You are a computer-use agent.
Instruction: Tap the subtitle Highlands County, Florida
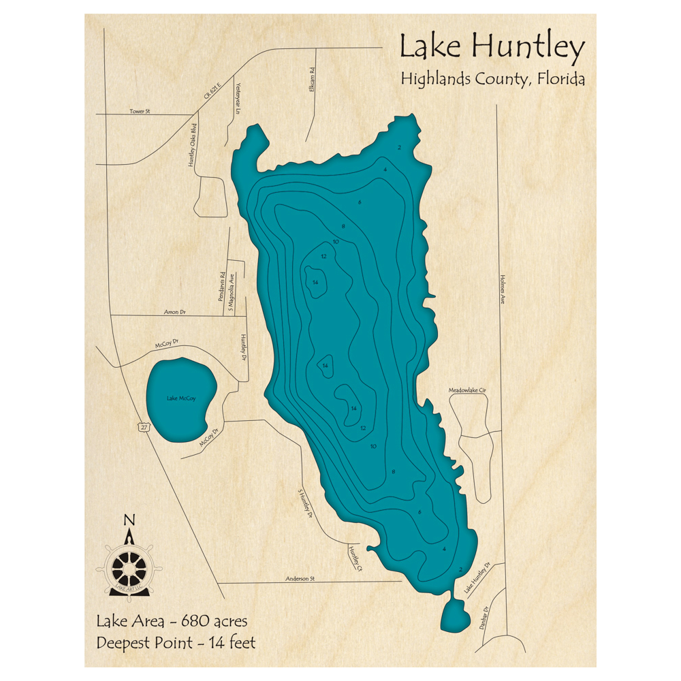tap(492, 79)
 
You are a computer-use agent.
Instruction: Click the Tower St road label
tap(140, 111)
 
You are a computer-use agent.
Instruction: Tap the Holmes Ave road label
tap(503, 289)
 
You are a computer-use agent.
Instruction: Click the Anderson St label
tap(300, 578)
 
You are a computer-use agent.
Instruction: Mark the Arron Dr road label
tap(174, 312)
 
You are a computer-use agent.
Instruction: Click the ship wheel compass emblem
tap(129, 567)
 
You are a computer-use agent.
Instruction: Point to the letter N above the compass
tap(129, 521)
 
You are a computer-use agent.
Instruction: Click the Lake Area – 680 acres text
tap(172, 621)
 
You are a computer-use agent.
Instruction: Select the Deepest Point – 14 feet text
tap(176, 642)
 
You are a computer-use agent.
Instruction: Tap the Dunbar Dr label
tap(484, 616)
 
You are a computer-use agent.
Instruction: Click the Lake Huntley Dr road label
tap(477, 578)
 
